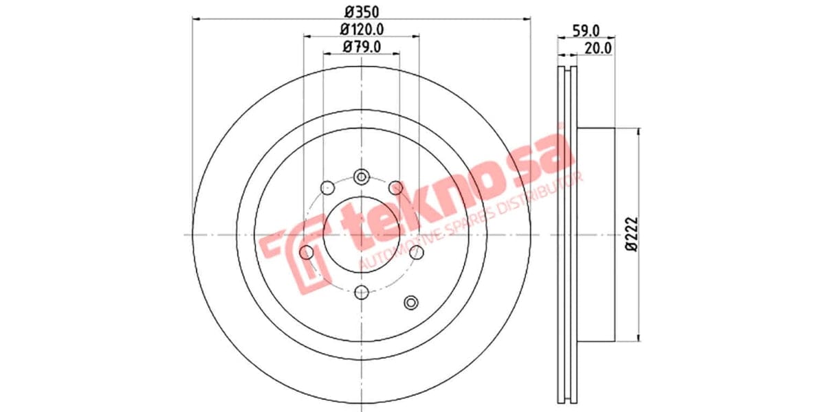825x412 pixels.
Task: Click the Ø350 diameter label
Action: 361,12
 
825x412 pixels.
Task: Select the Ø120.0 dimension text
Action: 361,30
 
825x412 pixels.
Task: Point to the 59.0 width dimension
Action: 586,30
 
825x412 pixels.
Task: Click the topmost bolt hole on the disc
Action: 361,177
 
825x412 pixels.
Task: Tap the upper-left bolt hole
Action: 327,187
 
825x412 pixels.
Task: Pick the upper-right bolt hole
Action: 395,187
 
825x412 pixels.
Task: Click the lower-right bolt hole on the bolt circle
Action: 416,253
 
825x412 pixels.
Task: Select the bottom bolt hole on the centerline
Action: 361,293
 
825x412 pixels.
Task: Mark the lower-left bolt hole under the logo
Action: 307,253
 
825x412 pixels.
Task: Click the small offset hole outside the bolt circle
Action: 411,302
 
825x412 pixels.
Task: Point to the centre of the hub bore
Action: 361,235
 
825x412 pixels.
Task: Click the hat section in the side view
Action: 595,234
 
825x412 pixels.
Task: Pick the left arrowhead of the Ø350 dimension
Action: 195,20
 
